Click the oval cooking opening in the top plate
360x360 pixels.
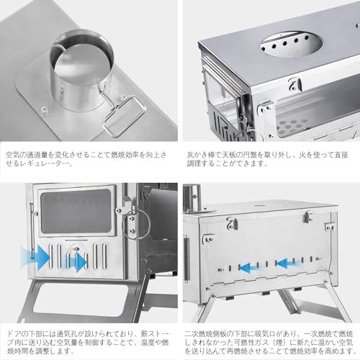tap(291, 44)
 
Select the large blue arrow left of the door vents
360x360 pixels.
tap(35, 257)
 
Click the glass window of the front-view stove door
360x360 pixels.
tap(76, 212)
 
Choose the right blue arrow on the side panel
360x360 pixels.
tap(287, 264)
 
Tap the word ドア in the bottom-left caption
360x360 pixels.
tap(16, 334)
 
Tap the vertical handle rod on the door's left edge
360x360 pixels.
tap(32, 230)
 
